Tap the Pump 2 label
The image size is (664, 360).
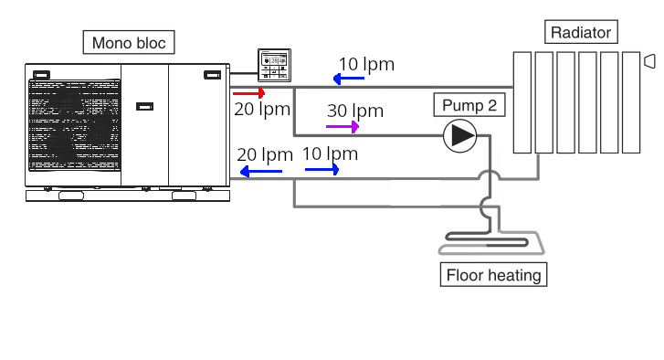coord(469,106)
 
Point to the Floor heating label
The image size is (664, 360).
coord(493,275)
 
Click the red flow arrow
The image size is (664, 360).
coord(248,93)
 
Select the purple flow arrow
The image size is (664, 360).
coord(343,126)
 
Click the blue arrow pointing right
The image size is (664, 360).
coord(322,169)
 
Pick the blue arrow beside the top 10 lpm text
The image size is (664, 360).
coord(349,79)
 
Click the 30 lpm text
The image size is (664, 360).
coord(355,111)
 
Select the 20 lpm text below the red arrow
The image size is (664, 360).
coord(262,110)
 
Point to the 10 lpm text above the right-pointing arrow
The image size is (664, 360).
coord(330,154)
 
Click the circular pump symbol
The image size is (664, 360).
coord(459,136)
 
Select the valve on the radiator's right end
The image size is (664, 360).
coord(649,61)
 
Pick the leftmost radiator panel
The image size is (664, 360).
coord(522,101)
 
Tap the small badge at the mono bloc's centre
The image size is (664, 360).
coord(144,107)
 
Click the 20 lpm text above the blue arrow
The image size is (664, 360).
coord(264,154)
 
